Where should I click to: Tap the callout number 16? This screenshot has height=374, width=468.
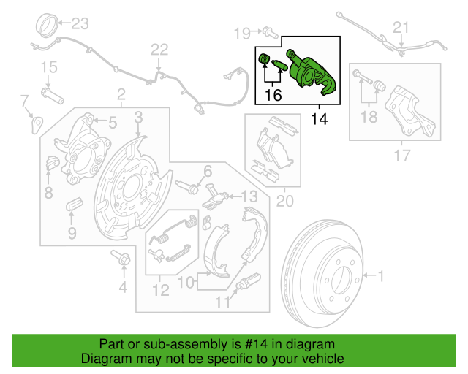click(273, 94)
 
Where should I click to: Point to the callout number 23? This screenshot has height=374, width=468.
click(78, 24)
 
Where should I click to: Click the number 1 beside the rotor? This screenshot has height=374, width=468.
click(380, 275)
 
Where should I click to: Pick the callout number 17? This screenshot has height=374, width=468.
click(402, 155)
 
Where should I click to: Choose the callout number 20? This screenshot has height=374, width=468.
click(283, 200)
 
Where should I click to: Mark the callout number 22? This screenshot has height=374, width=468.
click(159, 50)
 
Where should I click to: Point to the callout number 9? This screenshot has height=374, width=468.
click(72, 233)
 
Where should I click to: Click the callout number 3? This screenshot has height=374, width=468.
click(137, 117)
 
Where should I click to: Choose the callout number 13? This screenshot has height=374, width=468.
click(249, 195)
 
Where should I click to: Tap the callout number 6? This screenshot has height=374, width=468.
click(207, 171)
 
